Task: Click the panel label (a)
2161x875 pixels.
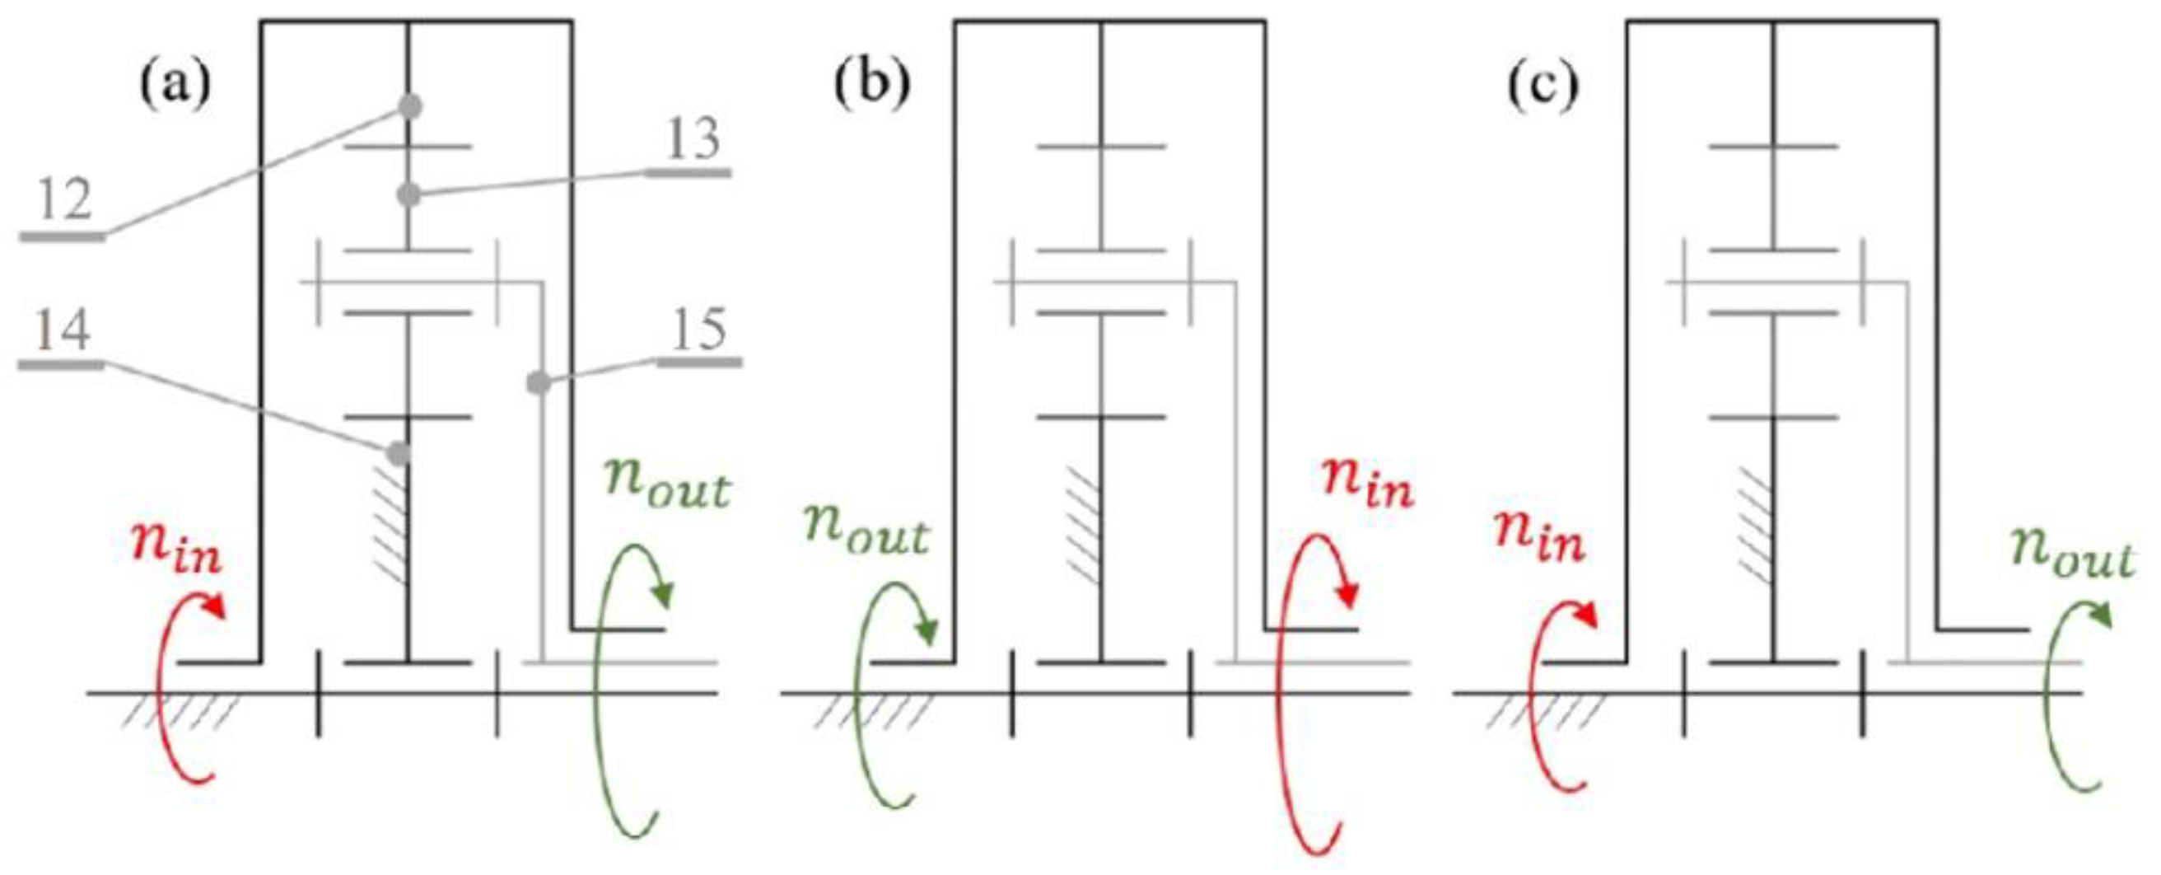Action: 175,86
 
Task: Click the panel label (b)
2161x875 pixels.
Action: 871,86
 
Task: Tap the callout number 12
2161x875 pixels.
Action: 63,201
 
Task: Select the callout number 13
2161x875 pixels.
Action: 691,139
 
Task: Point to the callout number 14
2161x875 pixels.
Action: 63,330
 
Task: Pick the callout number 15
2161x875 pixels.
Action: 699,330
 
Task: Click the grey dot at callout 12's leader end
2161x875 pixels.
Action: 409,106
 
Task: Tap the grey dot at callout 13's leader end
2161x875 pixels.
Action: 408,194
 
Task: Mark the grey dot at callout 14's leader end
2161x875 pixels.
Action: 399,454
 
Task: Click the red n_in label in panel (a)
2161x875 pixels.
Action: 176,548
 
